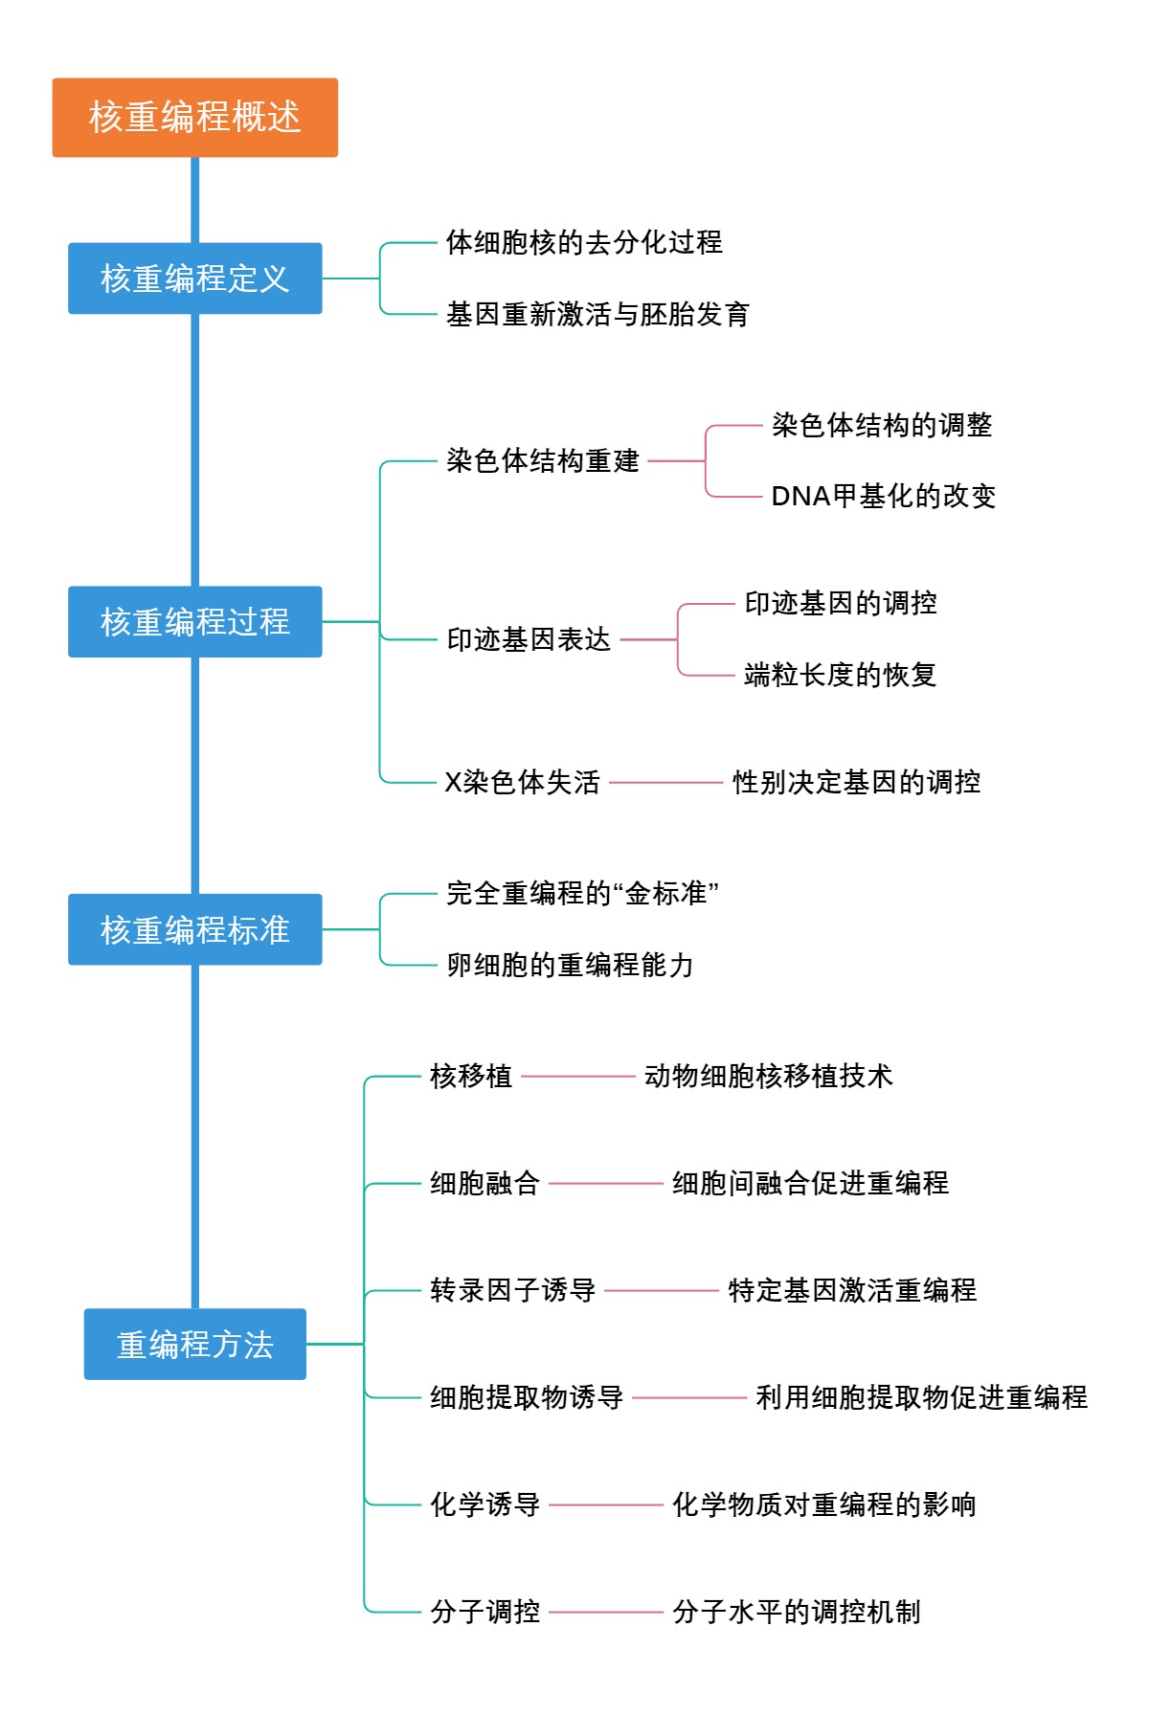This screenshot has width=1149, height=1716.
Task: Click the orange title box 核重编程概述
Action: [x=194, y=117]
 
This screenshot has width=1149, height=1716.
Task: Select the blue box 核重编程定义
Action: [x=194, y=279]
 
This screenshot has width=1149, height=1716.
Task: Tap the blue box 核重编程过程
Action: [x=194, y=622]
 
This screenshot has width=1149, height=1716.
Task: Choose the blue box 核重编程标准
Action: [x=194, y=929]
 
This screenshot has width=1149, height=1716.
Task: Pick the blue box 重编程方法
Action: [x=194, y=1345]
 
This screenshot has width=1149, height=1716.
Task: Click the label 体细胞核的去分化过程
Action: [x=584, y=242]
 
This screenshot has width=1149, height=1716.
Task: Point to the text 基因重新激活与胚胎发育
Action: [x=597, y=314]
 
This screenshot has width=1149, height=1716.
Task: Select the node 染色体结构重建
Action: [x=543, y=460]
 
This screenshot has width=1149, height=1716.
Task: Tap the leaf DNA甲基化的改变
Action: [x=883, y=496]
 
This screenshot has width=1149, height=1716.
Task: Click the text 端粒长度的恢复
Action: [x=840, y=675]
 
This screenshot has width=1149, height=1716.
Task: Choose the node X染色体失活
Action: [x=523, y=782]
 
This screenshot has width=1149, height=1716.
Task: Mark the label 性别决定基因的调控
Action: [x=856, y=782]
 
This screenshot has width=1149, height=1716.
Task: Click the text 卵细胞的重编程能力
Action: [x=570, y=965]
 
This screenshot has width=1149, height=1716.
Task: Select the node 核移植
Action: [x=471, y=1076]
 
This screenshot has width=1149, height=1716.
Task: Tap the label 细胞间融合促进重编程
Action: [x=810, y=1183]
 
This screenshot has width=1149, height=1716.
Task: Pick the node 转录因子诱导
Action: [x=512, y=1290]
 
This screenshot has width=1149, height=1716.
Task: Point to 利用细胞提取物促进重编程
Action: [x=921, y=1397]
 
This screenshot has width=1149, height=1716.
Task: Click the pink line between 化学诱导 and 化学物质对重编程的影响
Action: [x=606, y=1504]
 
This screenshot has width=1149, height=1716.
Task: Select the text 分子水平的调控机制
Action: [x=796, y=1612]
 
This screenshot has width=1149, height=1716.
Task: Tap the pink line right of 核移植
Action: [x=578, y=1076]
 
